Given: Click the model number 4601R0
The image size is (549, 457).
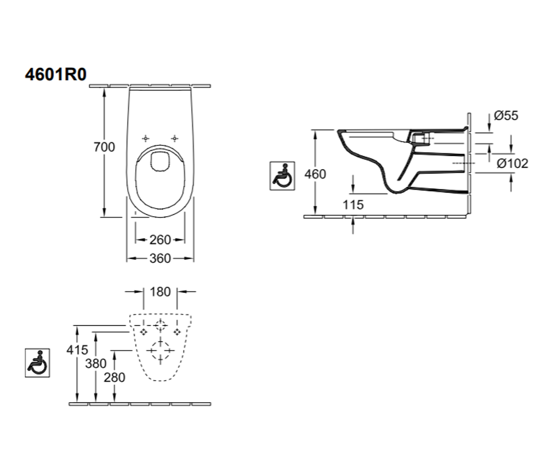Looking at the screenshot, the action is click(56, 74).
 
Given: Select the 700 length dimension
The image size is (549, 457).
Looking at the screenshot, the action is click(104, 147).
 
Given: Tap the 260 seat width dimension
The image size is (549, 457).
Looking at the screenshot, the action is click(160, 240).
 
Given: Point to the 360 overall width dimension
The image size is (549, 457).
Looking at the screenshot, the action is click(160, 259).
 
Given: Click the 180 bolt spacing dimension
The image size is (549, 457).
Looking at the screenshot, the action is click(160, 292).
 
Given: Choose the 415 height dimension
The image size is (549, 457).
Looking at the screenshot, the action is click(77, 350).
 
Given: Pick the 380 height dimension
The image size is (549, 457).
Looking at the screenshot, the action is click(96, 364).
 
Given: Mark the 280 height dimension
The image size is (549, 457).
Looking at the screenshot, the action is click(114, 377).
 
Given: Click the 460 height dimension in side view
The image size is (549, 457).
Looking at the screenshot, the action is click(315, 174).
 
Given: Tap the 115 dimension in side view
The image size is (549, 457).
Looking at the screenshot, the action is click(353, 205).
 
